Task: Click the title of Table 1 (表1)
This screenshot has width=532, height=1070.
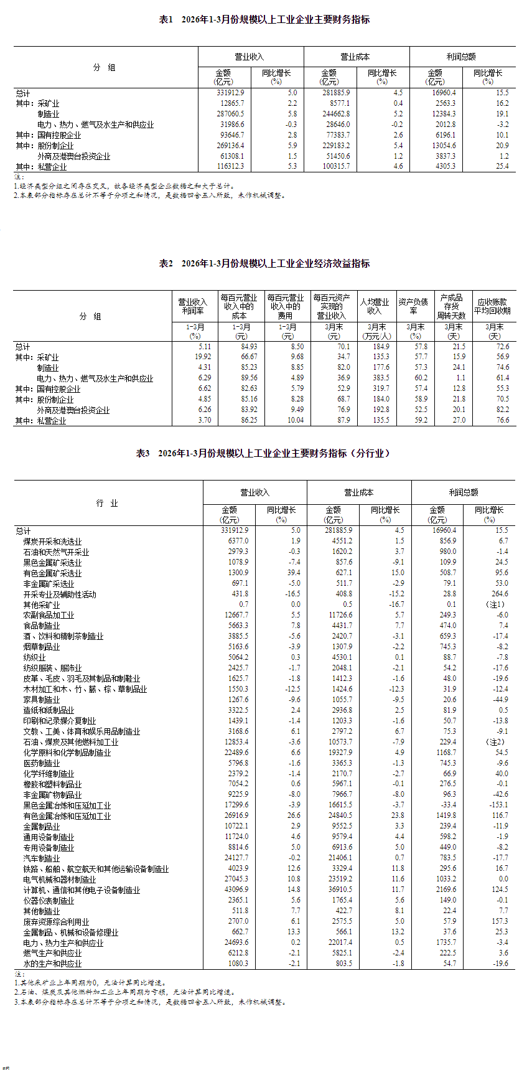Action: click(264, 20)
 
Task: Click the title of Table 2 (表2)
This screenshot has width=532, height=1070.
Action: click(264, 264)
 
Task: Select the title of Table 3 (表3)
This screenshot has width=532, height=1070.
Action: click(264, 454)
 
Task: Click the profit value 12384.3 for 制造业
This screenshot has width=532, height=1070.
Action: click(442, 114)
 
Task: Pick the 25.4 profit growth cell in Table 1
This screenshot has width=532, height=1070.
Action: click(502, 166)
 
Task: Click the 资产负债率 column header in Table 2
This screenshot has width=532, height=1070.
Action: click(413, 306)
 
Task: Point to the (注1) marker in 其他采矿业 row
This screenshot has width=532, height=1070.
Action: click(496, 605)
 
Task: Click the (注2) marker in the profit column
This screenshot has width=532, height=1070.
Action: click(496, 742)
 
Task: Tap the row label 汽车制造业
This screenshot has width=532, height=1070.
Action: click(42, 858)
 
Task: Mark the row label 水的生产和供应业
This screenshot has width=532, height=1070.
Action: click(52, 964)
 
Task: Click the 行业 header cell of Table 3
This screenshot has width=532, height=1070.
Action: click(107, 503)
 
